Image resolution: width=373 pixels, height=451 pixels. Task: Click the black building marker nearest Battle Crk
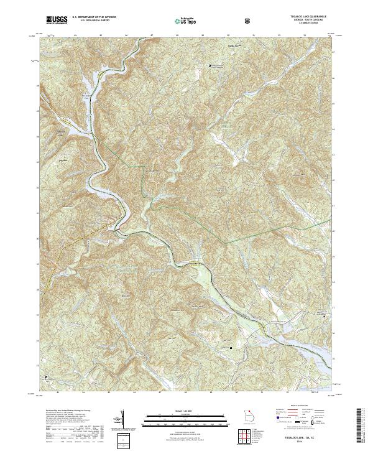[x=210, y=65]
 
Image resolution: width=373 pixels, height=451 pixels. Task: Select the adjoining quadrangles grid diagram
[x=248, y=439]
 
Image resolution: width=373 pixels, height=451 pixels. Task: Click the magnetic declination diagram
[x=122, y=417]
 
